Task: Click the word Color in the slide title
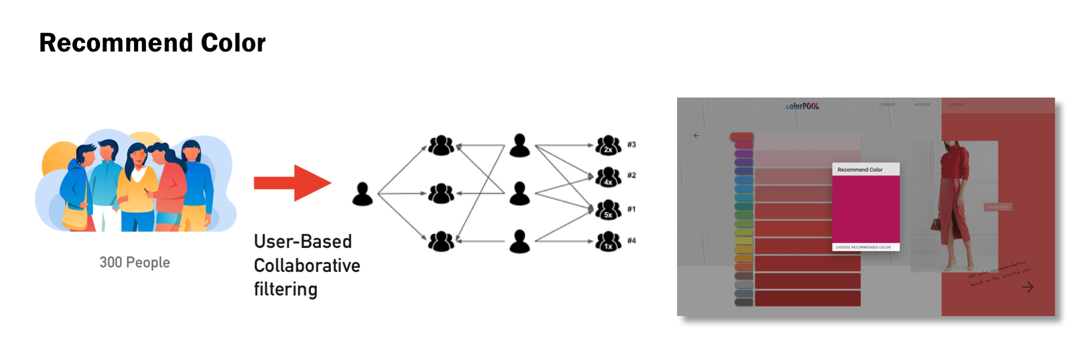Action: tap(233, 43)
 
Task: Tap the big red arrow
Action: tap(292, 183)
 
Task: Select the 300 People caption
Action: tap(134, 262)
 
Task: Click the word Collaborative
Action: tap(306, 265)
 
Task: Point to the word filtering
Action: tap(285, 289)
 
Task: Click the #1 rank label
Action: tap(631, 209)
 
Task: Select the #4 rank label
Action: tap(631, 240)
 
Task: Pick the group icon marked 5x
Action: tap(608, 209)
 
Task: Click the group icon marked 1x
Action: tap(608, 241)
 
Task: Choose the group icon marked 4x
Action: tap(608, 176)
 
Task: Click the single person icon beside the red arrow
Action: tap(362, 194)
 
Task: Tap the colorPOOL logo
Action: tap(802, 106)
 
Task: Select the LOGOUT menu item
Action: tap(957, 104)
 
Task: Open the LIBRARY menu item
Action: tap(887, 104)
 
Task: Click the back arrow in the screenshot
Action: tap(696, 135)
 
